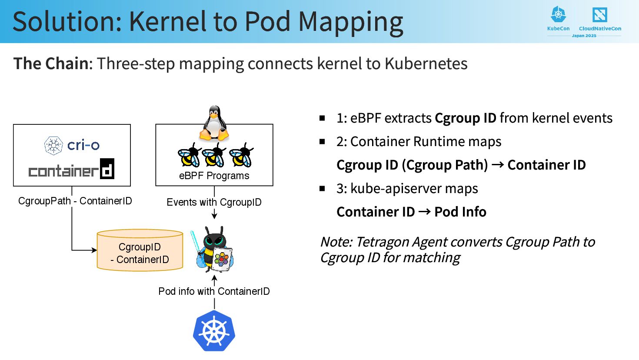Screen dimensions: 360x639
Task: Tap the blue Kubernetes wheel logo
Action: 214,331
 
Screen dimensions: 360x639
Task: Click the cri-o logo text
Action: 83,145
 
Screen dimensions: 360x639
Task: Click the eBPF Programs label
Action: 214,176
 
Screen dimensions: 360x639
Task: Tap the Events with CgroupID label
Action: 214,202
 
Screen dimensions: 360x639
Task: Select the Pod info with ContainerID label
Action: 214,291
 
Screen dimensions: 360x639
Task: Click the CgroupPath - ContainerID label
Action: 75,201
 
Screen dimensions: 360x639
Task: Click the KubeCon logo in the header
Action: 558,20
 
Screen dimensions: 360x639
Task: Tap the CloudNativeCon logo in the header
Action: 600,20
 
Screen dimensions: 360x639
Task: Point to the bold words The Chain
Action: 51,63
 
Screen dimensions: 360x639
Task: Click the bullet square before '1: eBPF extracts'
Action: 323,118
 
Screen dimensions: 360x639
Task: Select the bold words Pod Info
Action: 460,212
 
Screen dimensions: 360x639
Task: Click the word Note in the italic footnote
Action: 336,242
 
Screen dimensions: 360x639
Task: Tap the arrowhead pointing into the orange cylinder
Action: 94,250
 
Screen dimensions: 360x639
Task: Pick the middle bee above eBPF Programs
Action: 214,156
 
